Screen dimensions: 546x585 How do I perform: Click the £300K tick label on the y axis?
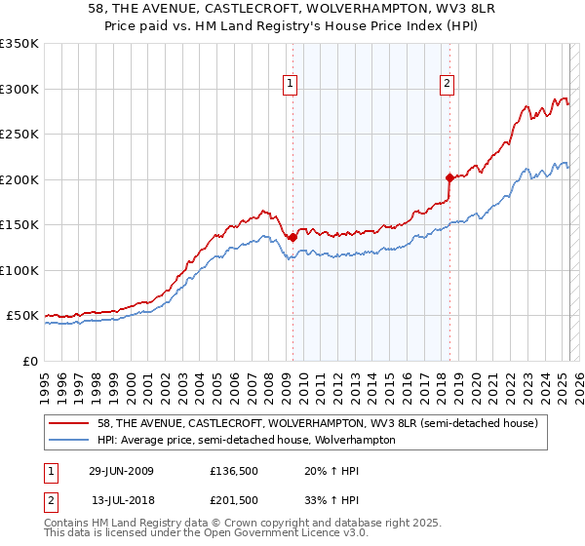pyautogui.click(x=19, y=89)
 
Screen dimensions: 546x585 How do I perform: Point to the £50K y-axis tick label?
pyautogui.click(x=21, y=316)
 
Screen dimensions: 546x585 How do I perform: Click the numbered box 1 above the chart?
pyautogui.click(x=292, y=85)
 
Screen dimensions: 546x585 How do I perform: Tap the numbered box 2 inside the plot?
pyautogui.click(x=447, y=85)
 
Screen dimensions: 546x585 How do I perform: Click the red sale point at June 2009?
pyautogui.click(x=292, y=237)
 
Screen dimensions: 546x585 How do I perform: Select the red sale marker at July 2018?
pyautogui.click(x=449, y=177)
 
